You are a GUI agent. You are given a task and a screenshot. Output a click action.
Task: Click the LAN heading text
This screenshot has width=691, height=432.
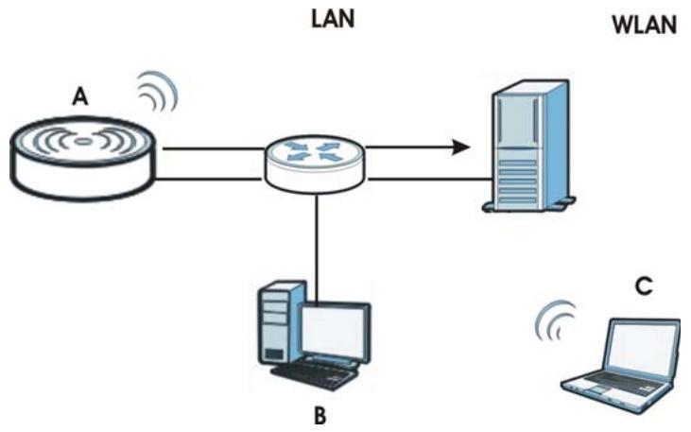[333, 20]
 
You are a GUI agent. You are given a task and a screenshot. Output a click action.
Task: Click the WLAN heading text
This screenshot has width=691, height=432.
[645, 25]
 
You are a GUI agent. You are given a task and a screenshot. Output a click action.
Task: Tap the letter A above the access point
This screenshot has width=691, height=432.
[79, 96]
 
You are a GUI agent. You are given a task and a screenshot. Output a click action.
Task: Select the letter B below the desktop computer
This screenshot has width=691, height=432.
[320, 415]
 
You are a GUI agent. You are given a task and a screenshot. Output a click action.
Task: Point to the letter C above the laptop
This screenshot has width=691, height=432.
[644, 286]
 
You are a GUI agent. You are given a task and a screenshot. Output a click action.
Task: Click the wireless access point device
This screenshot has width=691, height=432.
[82, 158]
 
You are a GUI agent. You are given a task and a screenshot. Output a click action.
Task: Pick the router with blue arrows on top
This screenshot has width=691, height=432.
[315, 164]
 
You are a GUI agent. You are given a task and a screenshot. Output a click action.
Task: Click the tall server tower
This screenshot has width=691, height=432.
[528, 146]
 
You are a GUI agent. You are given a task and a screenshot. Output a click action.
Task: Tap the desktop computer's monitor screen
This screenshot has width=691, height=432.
[335, 328]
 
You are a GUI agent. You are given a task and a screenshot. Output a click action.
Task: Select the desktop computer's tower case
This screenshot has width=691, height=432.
[281, 323]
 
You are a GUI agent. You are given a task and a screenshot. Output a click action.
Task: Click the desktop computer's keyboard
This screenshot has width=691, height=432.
[314, 377]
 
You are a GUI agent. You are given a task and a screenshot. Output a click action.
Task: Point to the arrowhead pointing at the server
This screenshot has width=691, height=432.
[460, 147]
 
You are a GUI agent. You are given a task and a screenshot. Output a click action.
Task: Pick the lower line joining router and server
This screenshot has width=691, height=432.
[430, 179]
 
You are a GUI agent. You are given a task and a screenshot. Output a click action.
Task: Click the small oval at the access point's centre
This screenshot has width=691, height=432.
[82, 142]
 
